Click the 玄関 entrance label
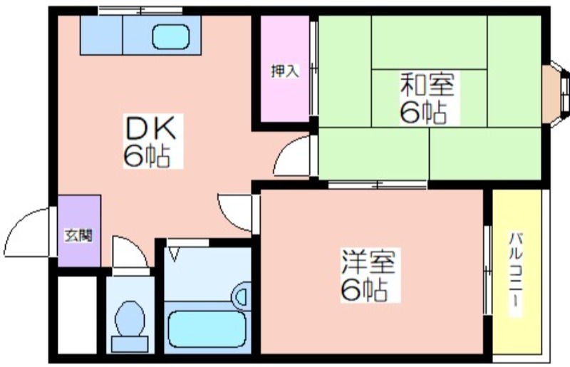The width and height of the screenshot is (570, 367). tap(78, 236)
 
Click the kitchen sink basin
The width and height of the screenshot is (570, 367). tap(171, 37)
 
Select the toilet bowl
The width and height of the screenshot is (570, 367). tap(130, 319)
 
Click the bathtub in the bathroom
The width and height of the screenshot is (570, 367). tap(207, 329)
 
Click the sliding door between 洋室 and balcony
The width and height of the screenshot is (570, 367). tap(487, 271)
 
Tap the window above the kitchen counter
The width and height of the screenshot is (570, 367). tap(140, 11)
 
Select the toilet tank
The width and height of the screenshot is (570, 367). tap(130, 344)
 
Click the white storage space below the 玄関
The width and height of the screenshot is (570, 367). tap(78, 315)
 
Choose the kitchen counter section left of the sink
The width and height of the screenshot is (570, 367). tap(101, 35)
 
